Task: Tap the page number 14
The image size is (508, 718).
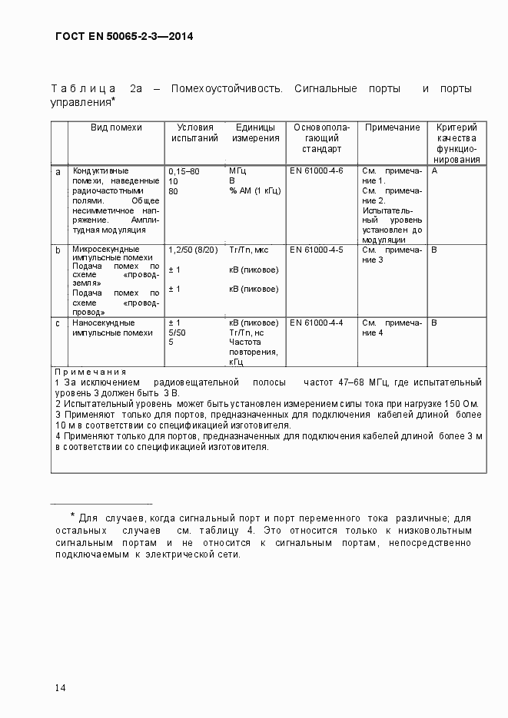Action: [x=60, y=687]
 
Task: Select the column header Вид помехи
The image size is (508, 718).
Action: [x=117, y=127]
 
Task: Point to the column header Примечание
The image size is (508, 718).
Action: [x=392, y=127]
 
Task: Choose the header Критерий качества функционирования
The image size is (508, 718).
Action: [x=457, y=144]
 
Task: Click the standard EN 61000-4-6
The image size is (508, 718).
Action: [x=316, y=170]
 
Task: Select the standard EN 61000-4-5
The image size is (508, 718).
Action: [x=316, y=250]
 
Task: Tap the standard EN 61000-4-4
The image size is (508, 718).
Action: [x=316, y=323]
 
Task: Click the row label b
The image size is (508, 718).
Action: [x=57, y=250]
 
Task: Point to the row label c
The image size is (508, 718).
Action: [x=57, y=323]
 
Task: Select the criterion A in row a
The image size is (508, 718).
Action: [x=434, y=170]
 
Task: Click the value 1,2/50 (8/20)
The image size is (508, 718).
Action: [x=193, y=250]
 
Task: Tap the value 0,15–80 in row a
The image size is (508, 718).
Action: [x=184, y=170]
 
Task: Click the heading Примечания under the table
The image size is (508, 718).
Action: [x=90, y=371]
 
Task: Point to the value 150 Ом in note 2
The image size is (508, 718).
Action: [x=463, y=403]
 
